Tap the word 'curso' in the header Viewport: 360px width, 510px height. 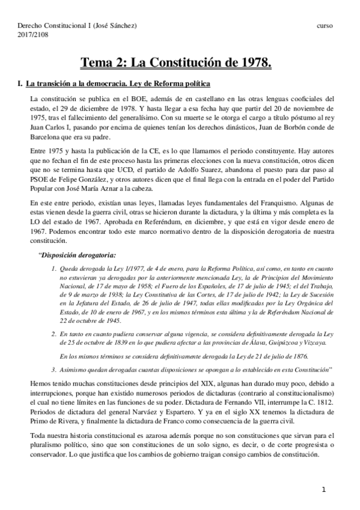click(326, 25)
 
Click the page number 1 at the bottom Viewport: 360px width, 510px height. click(324, 490)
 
